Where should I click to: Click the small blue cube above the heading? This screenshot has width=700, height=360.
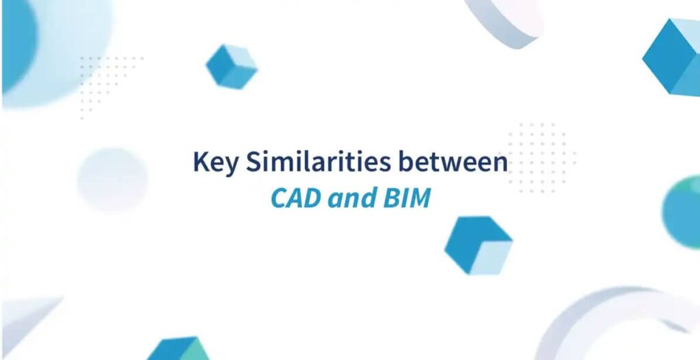coord(231,66)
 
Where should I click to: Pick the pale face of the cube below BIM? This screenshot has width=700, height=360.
coord(491,258)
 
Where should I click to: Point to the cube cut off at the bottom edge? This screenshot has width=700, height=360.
coord(179,349)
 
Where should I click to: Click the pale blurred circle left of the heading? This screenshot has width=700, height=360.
coord(111,180)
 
